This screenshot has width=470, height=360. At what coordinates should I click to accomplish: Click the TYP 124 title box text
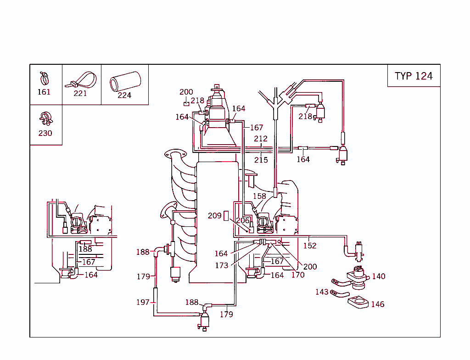[x=414, y=76]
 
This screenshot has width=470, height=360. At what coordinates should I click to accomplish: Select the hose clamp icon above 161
[x=44, y=78]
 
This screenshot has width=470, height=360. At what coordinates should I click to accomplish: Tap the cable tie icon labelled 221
[x=82, y=80]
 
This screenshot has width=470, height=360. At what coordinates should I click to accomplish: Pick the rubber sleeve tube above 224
[x=124, y=81]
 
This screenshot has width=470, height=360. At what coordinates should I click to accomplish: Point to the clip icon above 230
[x=45, y=118]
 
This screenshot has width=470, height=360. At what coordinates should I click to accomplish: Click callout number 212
[x=261, y=139]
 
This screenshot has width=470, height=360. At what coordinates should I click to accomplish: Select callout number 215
[x=261, y=160]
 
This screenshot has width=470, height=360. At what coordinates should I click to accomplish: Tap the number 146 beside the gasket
[x=377, y=304]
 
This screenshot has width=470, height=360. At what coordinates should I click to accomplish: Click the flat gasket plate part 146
[x=358, y=302]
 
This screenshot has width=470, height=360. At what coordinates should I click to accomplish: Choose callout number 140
[x=379, y=276]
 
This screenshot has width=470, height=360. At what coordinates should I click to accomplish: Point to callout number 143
[x=322, y=292]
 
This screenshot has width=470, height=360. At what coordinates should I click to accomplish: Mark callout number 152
[x=310, y=246]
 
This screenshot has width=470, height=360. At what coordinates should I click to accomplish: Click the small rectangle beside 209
[x=226, y=216]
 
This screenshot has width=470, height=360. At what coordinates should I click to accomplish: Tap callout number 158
[x=259, y=196]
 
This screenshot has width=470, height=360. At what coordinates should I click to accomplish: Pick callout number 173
[x=222, y=265]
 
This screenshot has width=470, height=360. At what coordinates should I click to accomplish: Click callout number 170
[x=298, y=275]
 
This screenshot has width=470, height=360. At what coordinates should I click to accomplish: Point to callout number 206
[x=242, y=220]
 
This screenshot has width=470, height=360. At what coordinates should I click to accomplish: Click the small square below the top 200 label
[x=186, y=103]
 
